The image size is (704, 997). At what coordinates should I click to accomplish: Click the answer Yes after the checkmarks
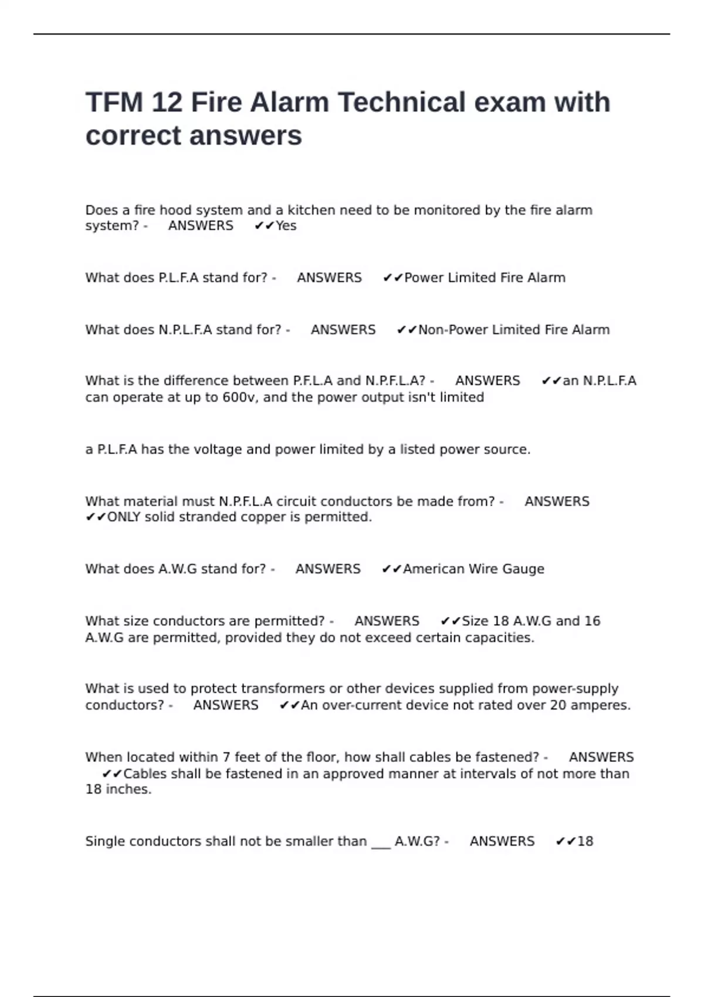coord(286,226)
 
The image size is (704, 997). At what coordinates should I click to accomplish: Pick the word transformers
coord(283,689)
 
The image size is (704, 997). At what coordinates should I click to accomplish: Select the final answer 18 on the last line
coord(585,842)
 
